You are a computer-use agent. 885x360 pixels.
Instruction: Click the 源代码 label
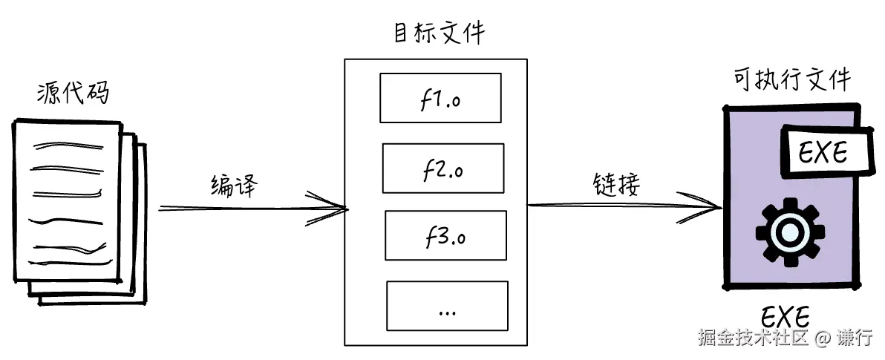pos(73,94)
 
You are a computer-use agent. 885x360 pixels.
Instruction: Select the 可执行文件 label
pos(791,79)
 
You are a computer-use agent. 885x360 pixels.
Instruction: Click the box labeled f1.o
pos(440,97)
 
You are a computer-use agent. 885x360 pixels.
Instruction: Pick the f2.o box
pos(443,168)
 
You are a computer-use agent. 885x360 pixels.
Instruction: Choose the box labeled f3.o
pos(445,235)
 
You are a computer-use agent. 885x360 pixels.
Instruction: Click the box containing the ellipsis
pos(447,305)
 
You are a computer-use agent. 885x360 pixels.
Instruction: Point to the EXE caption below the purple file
pos(785,317)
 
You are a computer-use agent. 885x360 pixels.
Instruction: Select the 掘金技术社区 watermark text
pos(751,338)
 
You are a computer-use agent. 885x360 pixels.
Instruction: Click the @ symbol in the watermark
pos(821,338)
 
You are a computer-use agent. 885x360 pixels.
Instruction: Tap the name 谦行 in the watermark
pos(855,338)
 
